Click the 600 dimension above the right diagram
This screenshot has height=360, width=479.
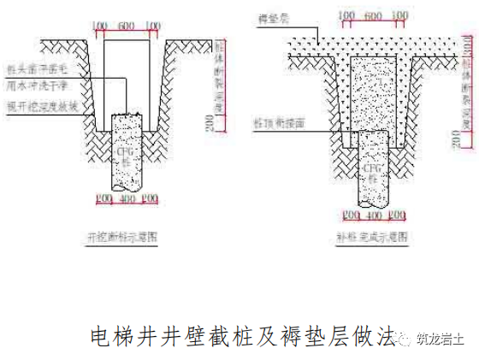coord(372,16)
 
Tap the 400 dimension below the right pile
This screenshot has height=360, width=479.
coord(372,214)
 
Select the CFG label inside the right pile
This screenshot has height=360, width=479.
coord(372,170)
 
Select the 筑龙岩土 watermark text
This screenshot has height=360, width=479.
coord(440,339)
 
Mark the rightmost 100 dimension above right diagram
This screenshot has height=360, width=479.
coord(399,16)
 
